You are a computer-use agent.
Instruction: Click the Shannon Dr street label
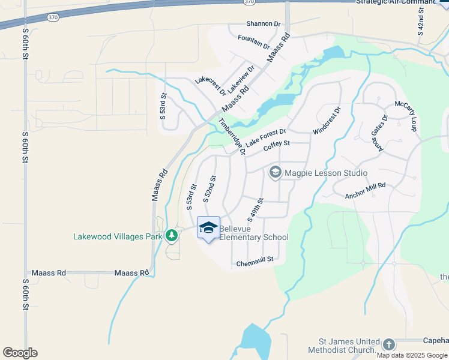pos(264,24)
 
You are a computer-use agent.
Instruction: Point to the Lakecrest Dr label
pos(210,87)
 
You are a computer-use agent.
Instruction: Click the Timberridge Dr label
pos(232,137)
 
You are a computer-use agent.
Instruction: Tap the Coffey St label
pos(277,144)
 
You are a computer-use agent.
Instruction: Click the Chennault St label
pos(255,260)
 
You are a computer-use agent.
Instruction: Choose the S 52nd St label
pos(209,188)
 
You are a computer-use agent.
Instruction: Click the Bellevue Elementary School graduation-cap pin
pos(208,227)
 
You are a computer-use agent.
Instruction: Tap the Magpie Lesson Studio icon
pos(276,173)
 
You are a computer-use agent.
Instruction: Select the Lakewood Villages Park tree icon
pos(172,235)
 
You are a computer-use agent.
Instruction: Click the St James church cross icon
pos(389,344)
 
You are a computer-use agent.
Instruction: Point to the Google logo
pos(20,353)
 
